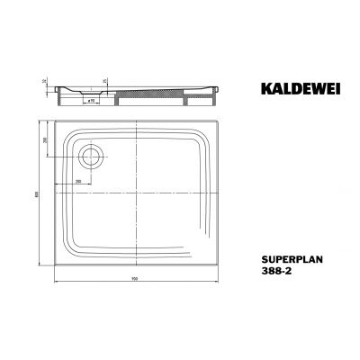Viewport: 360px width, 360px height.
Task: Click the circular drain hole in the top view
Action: tap(90, 157)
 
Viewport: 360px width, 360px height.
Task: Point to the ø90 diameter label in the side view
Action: tap(92, 101)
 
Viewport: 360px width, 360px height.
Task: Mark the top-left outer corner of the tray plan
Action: tap(56, 121)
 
